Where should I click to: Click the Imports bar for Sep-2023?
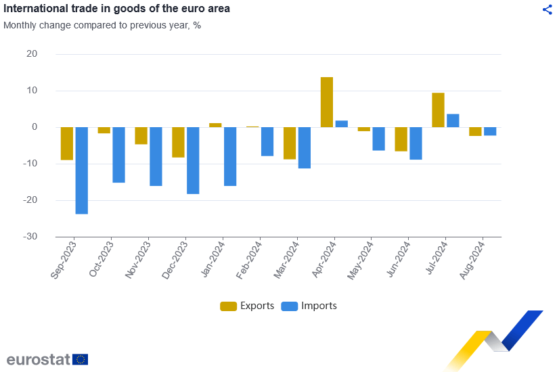81,170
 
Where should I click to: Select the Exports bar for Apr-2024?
327,102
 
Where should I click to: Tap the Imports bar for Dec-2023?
193,160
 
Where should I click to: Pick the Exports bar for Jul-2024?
439,110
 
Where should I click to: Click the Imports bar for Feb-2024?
267,141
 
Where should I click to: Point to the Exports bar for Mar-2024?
290,143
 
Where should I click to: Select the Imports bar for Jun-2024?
416,143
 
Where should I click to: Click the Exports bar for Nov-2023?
141,135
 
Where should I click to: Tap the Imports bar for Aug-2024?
490,131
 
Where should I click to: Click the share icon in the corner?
547,9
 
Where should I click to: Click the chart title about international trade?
117,9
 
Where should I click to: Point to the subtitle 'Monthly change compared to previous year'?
102,26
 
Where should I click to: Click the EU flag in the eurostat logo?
80,359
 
